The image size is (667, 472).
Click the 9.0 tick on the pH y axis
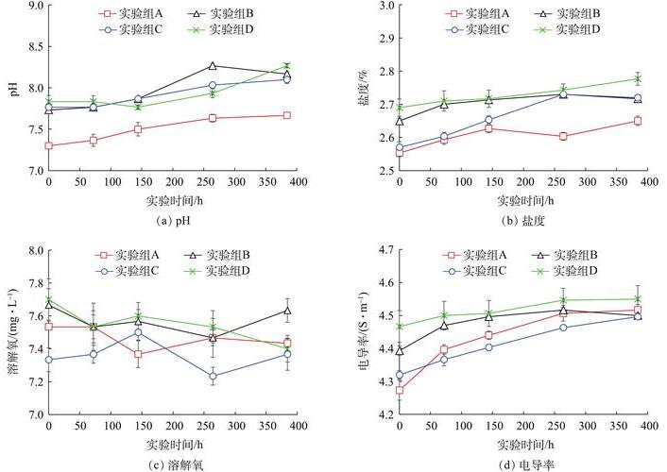(35, 6)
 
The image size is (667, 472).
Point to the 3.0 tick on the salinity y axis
(385, 6)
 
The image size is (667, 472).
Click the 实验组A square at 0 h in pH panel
(49, 145)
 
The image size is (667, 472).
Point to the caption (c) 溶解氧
(173, 463)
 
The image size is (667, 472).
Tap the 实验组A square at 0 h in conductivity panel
(400, 390)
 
